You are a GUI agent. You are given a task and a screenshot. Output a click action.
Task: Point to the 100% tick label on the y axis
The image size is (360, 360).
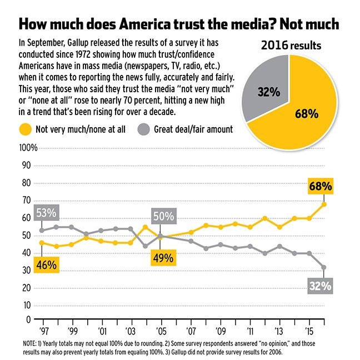28,148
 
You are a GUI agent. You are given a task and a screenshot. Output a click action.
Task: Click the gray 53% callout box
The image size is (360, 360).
47,212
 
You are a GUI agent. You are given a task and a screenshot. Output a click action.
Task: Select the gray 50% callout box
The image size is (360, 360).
163,217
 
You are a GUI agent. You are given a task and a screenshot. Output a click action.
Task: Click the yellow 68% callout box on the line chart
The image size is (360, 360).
321,186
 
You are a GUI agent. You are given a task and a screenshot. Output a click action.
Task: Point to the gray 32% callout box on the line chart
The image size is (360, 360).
321,286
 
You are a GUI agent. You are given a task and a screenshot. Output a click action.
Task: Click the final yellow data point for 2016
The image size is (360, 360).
324,204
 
